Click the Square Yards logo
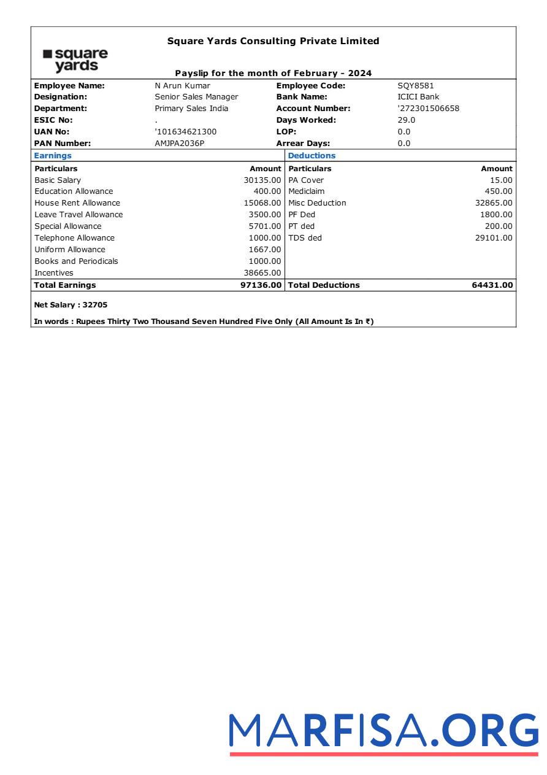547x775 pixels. [x=75, y=60]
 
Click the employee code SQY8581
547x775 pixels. [x=415, y=86]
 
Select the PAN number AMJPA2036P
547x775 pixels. [x=179, y=144]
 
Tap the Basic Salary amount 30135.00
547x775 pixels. [x=262, y=180]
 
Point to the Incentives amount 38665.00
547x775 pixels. [x=262, y=273]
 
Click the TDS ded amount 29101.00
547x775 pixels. [x=494, y=238]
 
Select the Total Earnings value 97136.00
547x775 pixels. [x=261, y=285]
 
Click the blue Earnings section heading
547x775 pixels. [x=53, y=156]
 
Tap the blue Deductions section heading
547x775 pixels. [x=312, y=156]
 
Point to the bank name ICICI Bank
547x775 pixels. [x=418, y=97]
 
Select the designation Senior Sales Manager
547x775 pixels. [x=196, y=97]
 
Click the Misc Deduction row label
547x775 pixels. [x=317, y=203]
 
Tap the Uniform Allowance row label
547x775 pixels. [x=70, y=250]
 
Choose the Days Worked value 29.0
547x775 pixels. [x=406, y=120]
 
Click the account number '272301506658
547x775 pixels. [x=428, y=109]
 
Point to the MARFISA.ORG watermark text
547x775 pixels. [x=384, y=731]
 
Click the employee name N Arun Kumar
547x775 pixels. [x=182, y=86]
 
